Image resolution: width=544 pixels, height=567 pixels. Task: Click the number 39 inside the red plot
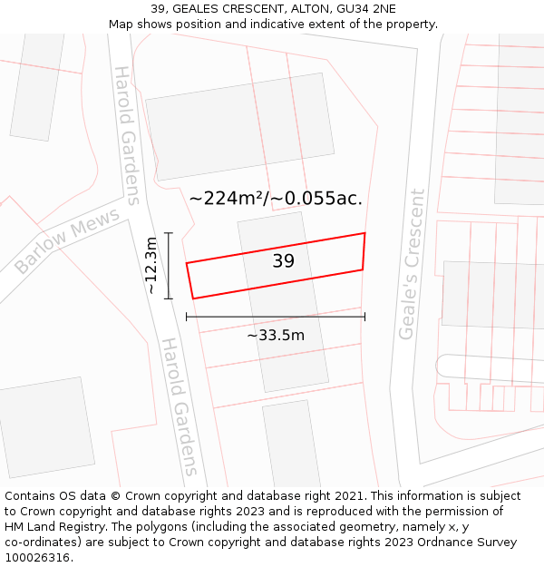[283, 261]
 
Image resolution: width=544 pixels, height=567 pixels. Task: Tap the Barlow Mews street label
[67, 241]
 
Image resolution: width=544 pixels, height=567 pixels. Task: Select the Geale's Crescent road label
[412, 264]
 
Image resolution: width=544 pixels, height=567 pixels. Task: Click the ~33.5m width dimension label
[276, 336]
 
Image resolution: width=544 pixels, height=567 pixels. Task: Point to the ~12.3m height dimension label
[151, 265]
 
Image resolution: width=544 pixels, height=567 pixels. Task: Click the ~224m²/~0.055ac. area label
[276, 198]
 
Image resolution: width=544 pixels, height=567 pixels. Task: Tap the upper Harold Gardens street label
[127, 135]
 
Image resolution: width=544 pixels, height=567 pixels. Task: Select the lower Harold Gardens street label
[180, 406]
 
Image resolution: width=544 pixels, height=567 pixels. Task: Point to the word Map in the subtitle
[121, 24]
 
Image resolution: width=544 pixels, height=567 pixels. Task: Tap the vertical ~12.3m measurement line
[169, 265]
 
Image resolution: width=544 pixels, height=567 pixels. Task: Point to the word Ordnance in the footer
[435, 542]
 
